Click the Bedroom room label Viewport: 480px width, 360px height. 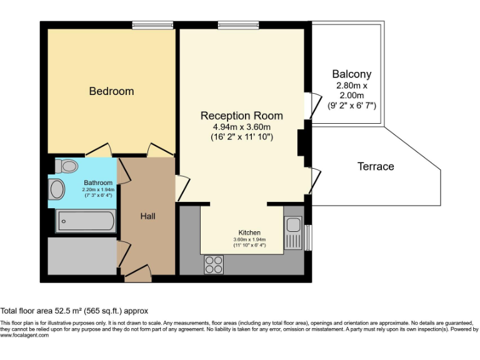(x=111, y=91)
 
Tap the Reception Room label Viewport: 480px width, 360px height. (x=241, y=116)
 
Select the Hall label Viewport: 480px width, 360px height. (x=147, y=216)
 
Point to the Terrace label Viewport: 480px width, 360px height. (x=376, y=166)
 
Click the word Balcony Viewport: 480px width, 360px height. (x=351, y=74)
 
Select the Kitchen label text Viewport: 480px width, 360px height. (x=249, y=232)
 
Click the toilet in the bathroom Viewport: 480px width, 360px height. (x=66, y=166)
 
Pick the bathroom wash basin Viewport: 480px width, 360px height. (x=56, y=189)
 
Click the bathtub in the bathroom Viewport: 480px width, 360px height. (x=85, y=221)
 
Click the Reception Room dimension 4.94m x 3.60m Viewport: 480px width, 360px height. (x=241, y=127)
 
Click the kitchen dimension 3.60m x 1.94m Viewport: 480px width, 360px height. (x=249, y=239)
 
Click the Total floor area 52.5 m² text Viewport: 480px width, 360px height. (x=74, y=311)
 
